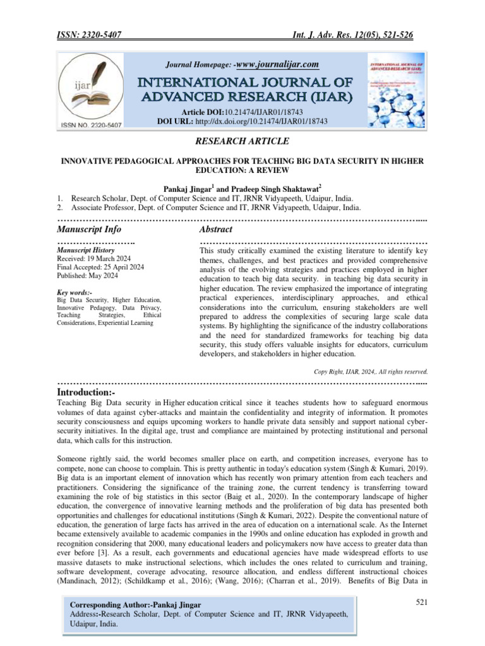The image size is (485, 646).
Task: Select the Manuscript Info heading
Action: point(89,229)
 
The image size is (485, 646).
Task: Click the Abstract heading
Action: point(215,229)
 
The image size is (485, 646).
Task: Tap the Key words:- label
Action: point(75,293)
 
